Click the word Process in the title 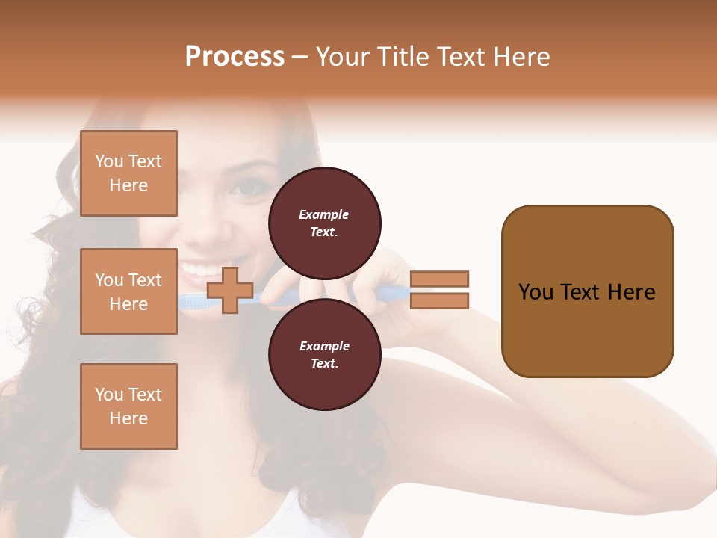point(235,57)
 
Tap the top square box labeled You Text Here point(128,173)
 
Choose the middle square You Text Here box point(128,291)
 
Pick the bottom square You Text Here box point(128,406)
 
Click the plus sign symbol point(229,290)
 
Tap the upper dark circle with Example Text point(325,223)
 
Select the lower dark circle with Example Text point(325,355)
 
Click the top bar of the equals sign point(439,279)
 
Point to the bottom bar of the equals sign point(439,300)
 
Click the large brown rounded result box point(587,291)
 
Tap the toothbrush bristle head point(193,300)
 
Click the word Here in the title point(518,57)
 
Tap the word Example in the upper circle point(324,214)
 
